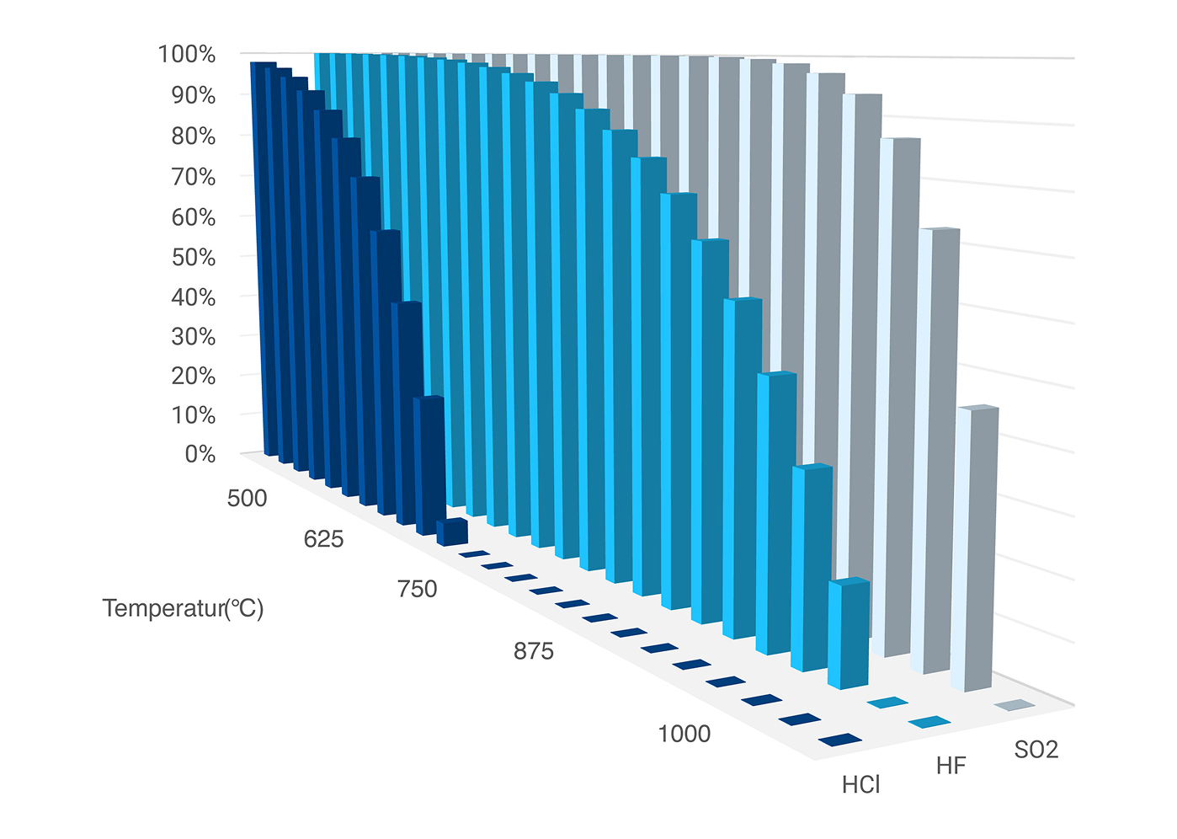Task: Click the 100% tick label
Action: pyautogui.click(x=187, y=55)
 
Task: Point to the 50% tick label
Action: pyautogui.click(x=194, y=258)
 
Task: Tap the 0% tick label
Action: pyautogui.click(x=200, y=455)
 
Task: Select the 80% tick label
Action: pyautogui.click(x=194, y=136)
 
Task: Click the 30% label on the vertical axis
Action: pyautogui.click(x=194, y=337)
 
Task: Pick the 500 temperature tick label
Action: pyautogui.click(x=247, y=499)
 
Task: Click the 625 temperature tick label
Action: pyautogui.click(x=323, y=539)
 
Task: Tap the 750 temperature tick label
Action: pyautogui.click(x=418, y=590)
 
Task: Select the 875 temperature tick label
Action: pyautogui.click(x=534, y=652)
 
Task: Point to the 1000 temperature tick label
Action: pyautogui.click(x=684, y=735)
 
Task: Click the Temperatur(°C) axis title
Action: pyautogui.click(x=183, y=608)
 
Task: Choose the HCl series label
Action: pyautogui.click(x=860, y=785)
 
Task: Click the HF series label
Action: pyautogui.click(x=951, y=767)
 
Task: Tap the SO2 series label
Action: pyautogui.click(x=1036, y=750)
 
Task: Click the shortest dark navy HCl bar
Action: pyautogui.click(x=452, y=532)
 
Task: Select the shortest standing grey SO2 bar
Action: pyautogui.click(x=977, y=548)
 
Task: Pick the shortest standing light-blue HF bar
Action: pyautogui.click(x=849, y=633)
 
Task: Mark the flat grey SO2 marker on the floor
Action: pyautogui.click(x=1014, y=705)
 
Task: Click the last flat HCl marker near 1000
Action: pyautogui.click(x=839, y=740)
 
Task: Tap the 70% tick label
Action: pyautogui.click(x=194, y=178)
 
